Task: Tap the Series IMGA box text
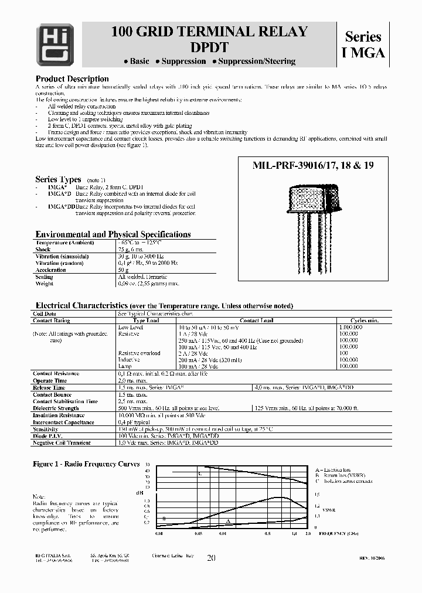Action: point(363,45)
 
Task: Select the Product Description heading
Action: point(72,79)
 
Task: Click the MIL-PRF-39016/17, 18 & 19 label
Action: point(312,166)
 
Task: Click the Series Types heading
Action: point(59,179)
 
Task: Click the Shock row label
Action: point(44,249)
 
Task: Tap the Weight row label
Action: point(45,284)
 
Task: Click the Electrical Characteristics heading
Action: point(81,306)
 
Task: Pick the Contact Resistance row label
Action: point(56,373)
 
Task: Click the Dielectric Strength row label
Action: point(56,408)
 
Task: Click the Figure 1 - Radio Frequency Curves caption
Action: point(87,464)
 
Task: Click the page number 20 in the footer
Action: point(211,558)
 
